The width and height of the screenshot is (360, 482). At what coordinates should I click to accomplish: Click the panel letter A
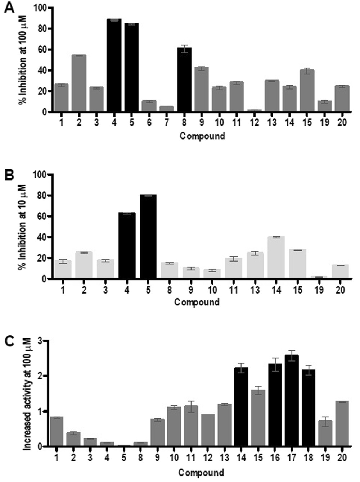click(x=9, y=8)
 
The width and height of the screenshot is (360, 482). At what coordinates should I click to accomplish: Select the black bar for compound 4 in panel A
click(x=114, y=65)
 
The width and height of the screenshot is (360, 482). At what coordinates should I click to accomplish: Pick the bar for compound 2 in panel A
click(x=79, y=83)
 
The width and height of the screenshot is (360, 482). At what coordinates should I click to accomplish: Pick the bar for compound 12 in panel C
click(x=208, y=430)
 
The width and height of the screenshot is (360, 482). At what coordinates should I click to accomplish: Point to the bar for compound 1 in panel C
click(x=57, y=431)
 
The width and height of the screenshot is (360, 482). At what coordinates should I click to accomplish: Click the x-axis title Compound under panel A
click(x=202, y=136)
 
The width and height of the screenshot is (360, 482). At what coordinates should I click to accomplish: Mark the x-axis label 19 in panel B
click(x=319, y=290)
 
